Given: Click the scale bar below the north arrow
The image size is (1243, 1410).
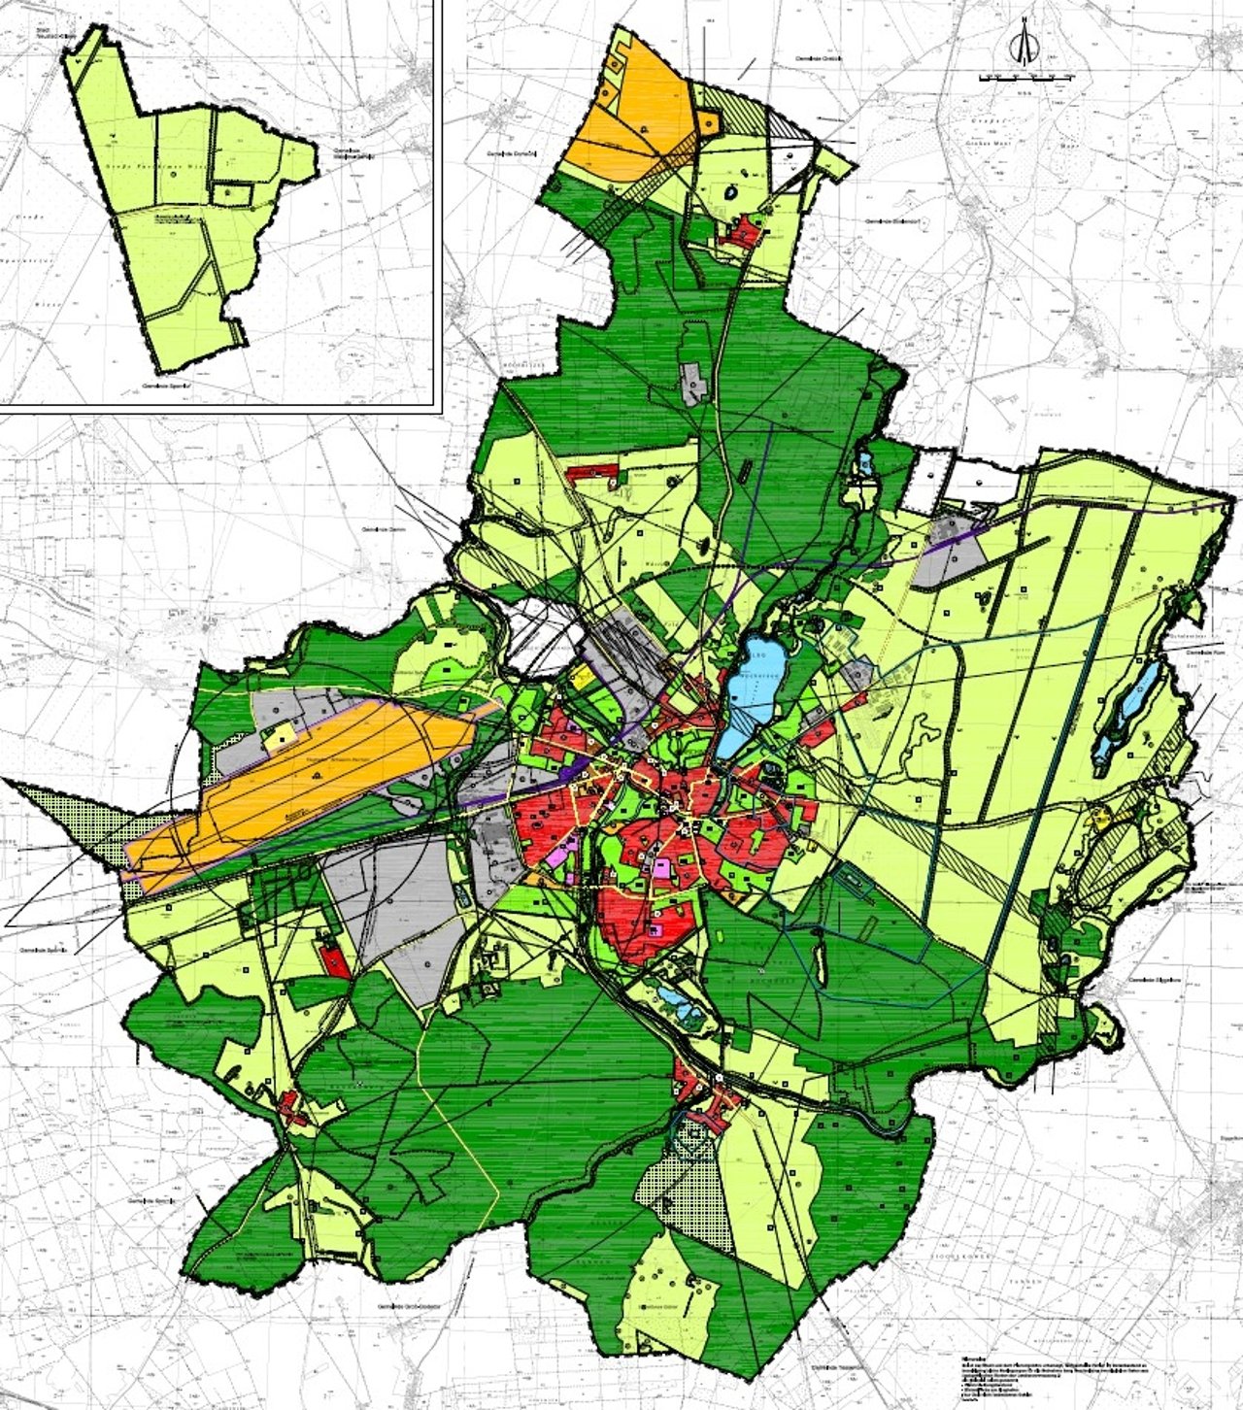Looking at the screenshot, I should (x=1025, y=76).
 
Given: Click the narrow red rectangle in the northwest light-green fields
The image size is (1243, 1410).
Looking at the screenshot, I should (x=592, y=472).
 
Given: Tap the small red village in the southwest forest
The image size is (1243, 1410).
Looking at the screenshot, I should (x=291, y=1107).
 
